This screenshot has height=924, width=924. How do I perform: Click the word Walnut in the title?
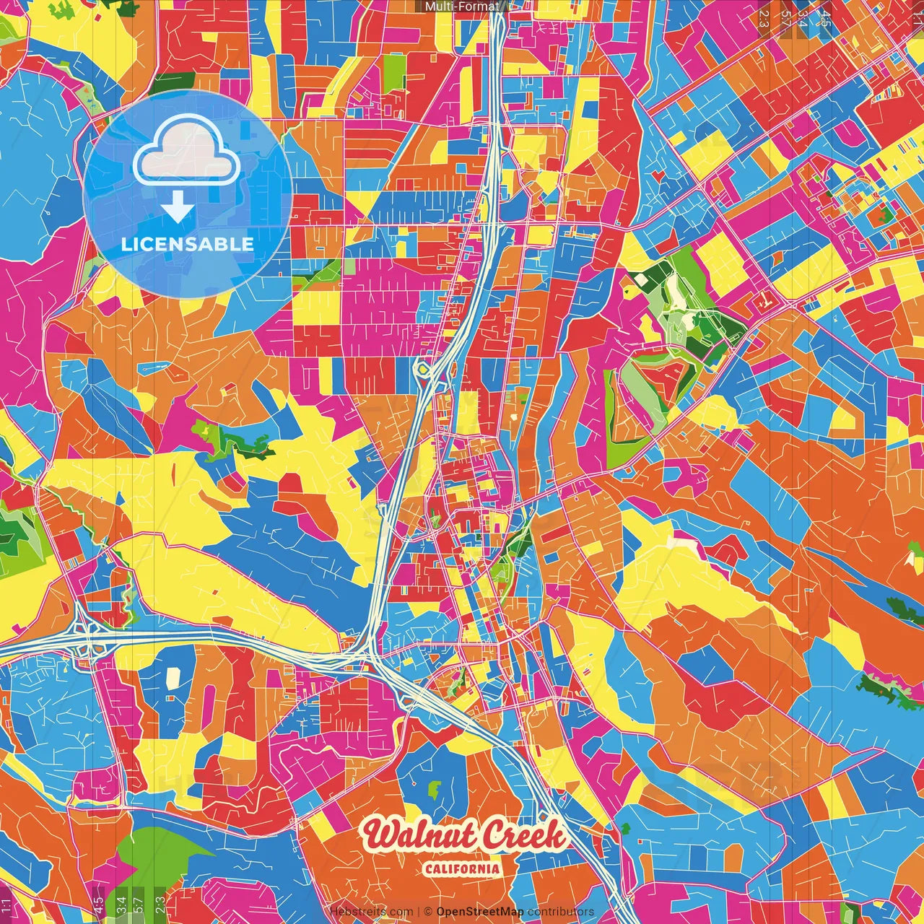[420, 837]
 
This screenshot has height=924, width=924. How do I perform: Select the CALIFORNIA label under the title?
[462, 868]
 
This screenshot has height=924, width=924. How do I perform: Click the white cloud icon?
[187, 152]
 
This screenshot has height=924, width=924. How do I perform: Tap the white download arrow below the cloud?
[177, 207]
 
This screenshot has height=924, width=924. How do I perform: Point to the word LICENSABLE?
[187, 244]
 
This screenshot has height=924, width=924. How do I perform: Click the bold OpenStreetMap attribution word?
[480, 912]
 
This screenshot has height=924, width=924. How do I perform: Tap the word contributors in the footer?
[561, 912]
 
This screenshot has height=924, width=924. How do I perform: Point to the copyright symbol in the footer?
[428, 912]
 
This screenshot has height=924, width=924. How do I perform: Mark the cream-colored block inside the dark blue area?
[173, 679]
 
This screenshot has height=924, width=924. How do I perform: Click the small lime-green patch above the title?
[435, 788]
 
